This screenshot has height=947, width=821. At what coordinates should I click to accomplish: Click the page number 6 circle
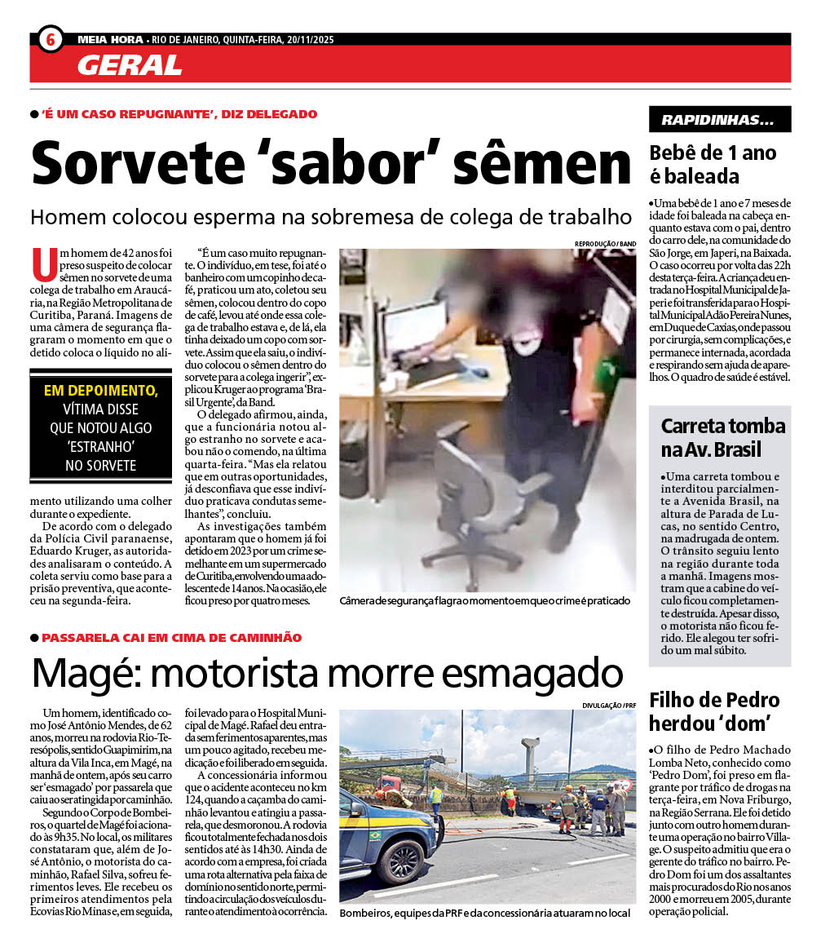[x=50, y=39]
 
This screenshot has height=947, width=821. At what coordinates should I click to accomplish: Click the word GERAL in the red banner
[x=130, y=64]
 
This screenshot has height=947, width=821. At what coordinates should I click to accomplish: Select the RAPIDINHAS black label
[x=719, y=120]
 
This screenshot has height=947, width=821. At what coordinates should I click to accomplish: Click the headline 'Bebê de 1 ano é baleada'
[x=713, y=164]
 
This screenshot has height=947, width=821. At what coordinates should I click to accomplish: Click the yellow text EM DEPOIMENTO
[x=101, y=390]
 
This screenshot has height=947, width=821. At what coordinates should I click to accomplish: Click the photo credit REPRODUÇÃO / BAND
[x=605, y=244]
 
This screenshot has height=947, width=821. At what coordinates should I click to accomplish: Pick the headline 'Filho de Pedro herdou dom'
[x=714, y=710]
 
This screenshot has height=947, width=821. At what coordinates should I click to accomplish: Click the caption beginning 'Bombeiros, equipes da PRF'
[x=484, y=913]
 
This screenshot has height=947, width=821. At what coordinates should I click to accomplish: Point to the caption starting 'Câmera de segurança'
[x=484, y=601]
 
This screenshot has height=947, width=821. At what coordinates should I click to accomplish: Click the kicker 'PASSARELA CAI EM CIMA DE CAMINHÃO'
[x=171, y=637]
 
